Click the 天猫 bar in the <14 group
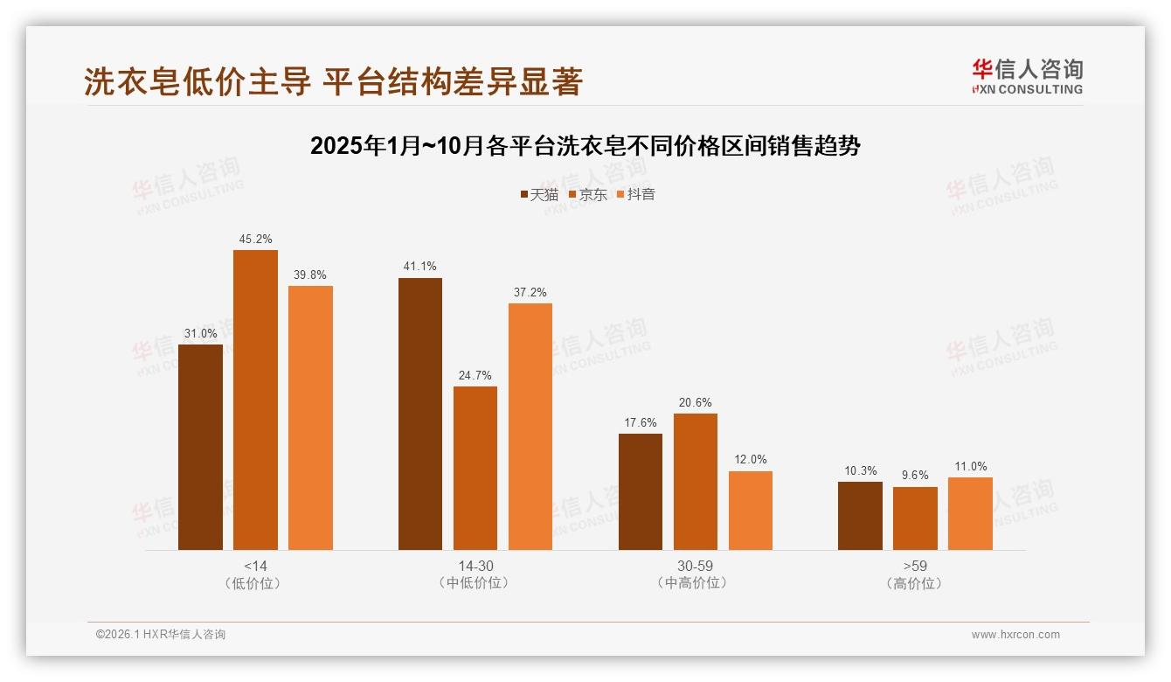(x=200, y=447)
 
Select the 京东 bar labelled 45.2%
(x=255, y=400)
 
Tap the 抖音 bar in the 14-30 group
(x=530, y=426)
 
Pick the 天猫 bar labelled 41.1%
(x=420, y=414)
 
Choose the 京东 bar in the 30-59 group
(x=696, y=482)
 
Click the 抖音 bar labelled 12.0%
(x=751, y=511)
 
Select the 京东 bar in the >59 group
(x=915, y=518)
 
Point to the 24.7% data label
(x=475, y=376)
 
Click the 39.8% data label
(x=310, y=275)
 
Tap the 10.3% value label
(x=860, y=471)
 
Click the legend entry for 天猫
(x=539, y=194)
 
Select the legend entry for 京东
(x=588, y=194)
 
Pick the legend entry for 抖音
(x=636, y=194)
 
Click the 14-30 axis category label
(x=475, y=566)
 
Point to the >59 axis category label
(x=915, y=566)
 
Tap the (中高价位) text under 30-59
(x=695, y=583)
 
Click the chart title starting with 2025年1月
(x=585, y=146)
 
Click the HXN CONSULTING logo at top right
(x=1027, y=76)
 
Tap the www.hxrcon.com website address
(x=1015, y=635)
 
